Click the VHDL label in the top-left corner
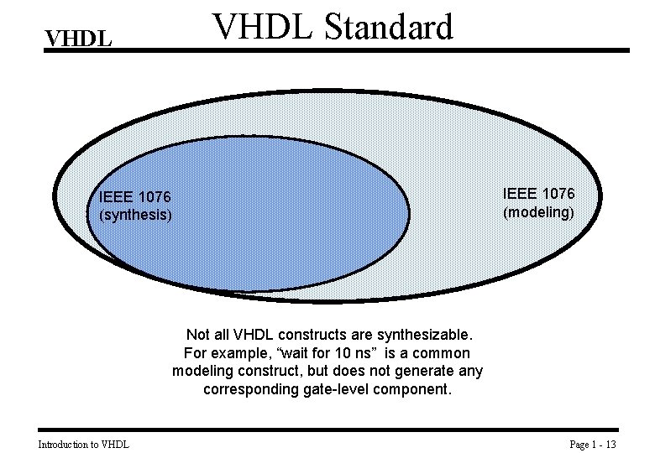[x=78, y=39]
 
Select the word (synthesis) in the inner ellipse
[x=135, y=215]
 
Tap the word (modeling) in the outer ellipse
[x=538, y=212]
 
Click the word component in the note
[x=413, y=390]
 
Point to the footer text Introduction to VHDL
[x=84, y=444]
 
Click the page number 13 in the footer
[x=610, y=444]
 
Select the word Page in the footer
[x=579, y=444]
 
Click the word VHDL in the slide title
[x=254, y=27]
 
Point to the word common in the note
[x=442, y=353]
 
